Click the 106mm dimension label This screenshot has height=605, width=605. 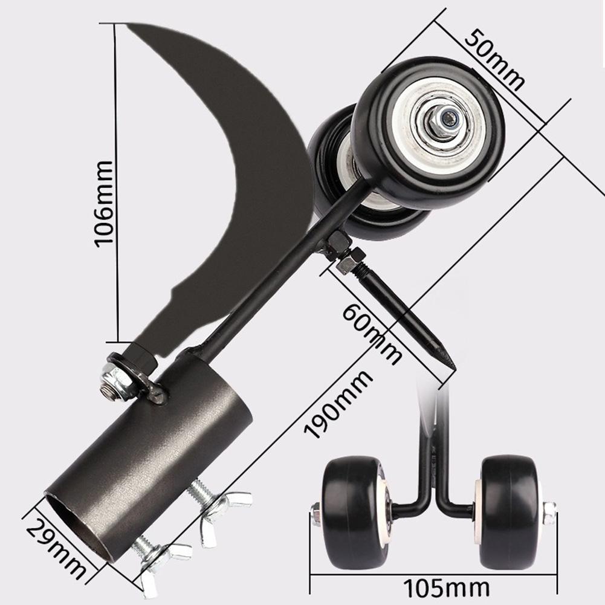(x=104, y=202)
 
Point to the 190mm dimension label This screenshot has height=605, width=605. (x=338, y=405)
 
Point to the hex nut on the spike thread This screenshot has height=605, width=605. (x=350, y=262)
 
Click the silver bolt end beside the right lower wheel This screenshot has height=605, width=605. (x=549, y=513)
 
